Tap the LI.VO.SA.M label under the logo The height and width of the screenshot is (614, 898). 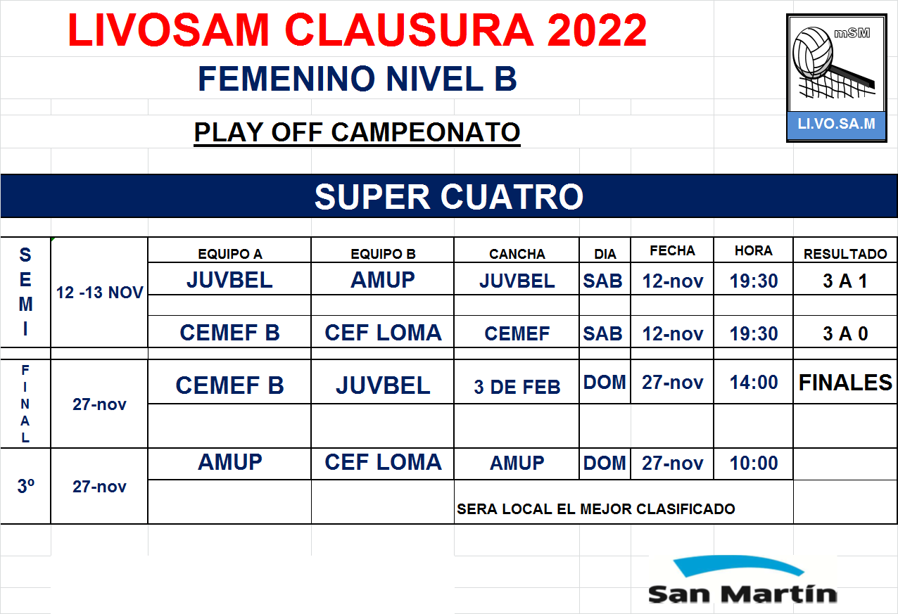836,124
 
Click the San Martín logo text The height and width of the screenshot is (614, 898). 742,594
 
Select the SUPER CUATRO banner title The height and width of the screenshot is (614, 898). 449,197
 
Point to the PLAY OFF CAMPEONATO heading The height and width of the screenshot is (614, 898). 358,132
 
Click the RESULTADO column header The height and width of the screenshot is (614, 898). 845,254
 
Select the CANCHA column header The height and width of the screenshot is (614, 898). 517,254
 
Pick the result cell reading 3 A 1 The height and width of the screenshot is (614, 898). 845,281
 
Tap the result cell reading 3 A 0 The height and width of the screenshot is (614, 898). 845,333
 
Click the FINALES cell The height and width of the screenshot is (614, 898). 845,383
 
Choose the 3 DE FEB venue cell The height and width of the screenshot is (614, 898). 517,387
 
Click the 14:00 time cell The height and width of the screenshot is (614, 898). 754,383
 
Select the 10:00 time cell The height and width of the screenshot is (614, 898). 754,463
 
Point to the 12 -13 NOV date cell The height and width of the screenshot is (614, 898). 99,293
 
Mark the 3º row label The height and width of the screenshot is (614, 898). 25,486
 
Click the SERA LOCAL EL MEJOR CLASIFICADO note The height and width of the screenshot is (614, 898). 595,509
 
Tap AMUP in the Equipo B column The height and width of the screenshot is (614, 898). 383,280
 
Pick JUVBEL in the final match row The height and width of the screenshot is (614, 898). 383,385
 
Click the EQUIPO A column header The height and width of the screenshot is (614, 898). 230,254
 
